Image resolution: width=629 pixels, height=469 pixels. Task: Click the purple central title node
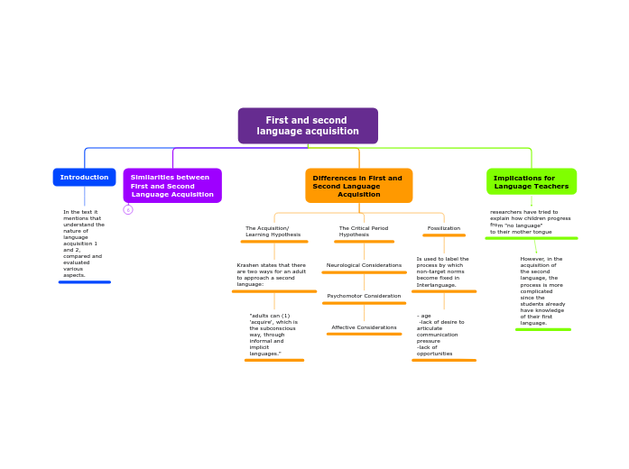(x=308, y=125)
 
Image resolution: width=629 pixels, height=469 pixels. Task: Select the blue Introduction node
(x=84, y=177)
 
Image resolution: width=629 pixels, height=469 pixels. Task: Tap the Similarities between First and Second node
(x=172, y=186)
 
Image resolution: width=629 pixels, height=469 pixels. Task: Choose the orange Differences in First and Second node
(x=358, y=186)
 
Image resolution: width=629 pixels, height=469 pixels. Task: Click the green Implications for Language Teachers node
(x=532, y=182)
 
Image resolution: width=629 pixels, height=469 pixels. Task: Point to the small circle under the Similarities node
(x=128, y=210)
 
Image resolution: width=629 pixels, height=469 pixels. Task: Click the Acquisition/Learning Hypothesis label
(x=273, y=231)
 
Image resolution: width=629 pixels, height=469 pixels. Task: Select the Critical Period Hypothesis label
(x=364, y=231)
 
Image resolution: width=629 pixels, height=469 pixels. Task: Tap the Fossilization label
(x=444, y=228)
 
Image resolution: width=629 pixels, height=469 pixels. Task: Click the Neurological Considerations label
(x=364, y=265)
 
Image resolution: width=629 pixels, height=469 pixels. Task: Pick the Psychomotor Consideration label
(x=364, y=296)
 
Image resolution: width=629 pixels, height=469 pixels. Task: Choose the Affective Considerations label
(x=364, y=327)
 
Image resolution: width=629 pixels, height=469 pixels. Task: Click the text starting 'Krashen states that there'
(x=273, y=274)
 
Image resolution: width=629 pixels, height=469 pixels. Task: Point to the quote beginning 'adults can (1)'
(x=273, y=335)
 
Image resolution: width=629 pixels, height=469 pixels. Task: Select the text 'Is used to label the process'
(x=443, y=271)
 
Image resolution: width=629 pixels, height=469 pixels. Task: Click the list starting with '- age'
(x=441, y=335)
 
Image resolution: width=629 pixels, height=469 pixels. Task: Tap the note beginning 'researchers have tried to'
(x=531, y=222)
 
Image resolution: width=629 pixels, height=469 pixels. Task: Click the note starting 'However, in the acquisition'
(x=542, y=290)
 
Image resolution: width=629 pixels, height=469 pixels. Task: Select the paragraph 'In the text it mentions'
(x=84, y=244)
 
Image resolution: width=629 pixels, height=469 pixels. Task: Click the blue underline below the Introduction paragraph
(x=84, y=282)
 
